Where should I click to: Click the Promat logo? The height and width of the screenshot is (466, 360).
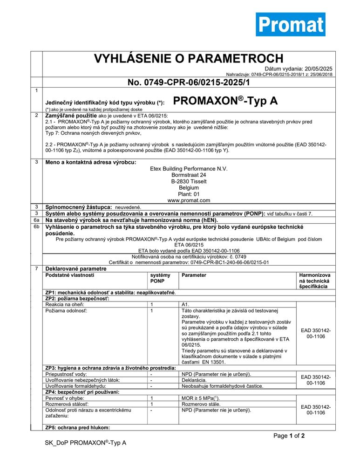(x=290, y=24)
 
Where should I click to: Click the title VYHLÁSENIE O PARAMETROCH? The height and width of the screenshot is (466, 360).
(x=189, y=59)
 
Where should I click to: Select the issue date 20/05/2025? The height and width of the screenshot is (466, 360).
(x=319, y=69)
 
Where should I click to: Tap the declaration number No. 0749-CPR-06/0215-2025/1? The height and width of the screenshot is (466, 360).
(x=189, y=82)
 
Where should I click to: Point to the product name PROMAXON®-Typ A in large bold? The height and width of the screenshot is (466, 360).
(x=225, y=101)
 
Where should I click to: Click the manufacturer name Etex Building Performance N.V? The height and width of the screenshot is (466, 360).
(x=189, y=169)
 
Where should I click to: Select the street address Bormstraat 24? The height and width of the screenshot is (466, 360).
(x=189, y=175)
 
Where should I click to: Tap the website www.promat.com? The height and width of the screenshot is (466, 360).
(x=189, y=200)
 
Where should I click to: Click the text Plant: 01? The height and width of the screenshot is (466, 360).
(x=189, y=194)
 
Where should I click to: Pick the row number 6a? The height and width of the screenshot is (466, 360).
(x=36, y=219)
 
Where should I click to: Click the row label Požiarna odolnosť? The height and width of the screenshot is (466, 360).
(x=63, y=310)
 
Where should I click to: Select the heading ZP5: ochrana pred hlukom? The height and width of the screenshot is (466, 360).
(x=77, y=427)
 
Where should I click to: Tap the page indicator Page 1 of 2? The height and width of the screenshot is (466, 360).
(x=289, y=436)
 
